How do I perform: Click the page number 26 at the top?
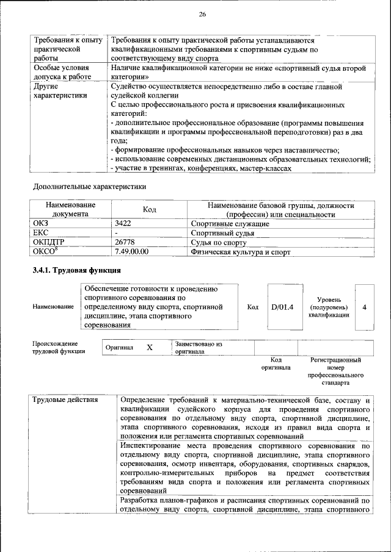pos(202,15)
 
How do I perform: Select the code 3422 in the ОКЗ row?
pos(123,224)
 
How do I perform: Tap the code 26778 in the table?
pos(126,242)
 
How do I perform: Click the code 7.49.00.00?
pos(131,251)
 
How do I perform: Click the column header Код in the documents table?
pos(150,209)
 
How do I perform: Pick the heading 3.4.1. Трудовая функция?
pos(77,270)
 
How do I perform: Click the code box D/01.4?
pos(282,307)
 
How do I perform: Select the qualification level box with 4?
pos(364,307)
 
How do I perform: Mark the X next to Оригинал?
pos(149,347)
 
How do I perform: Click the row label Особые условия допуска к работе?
pos(61,73)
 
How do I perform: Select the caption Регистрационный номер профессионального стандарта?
pos(335,372)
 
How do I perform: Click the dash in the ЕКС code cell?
pos(116,233)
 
